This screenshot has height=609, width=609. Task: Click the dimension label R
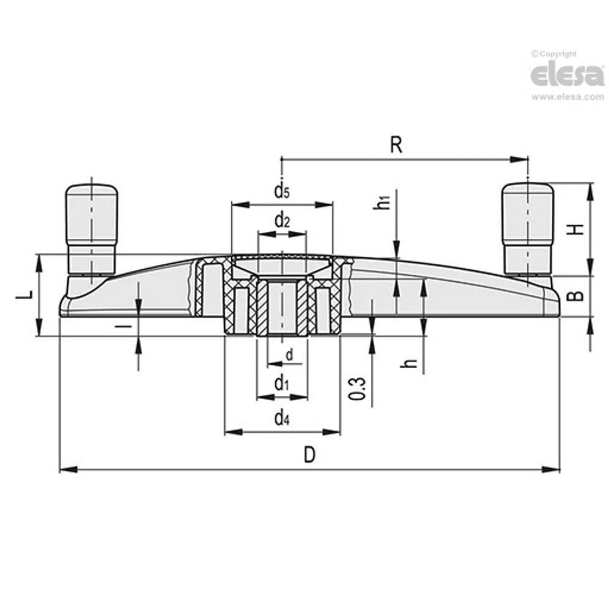point(396,145)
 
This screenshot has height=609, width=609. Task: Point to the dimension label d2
point(282,220)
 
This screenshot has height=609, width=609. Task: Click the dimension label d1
point(282,384)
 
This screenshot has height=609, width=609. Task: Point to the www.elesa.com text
point(567,97)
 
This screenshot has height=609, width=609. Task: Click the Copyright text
point(554,54)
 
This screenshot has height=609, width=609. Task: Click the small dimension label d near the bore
point(289,355)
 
